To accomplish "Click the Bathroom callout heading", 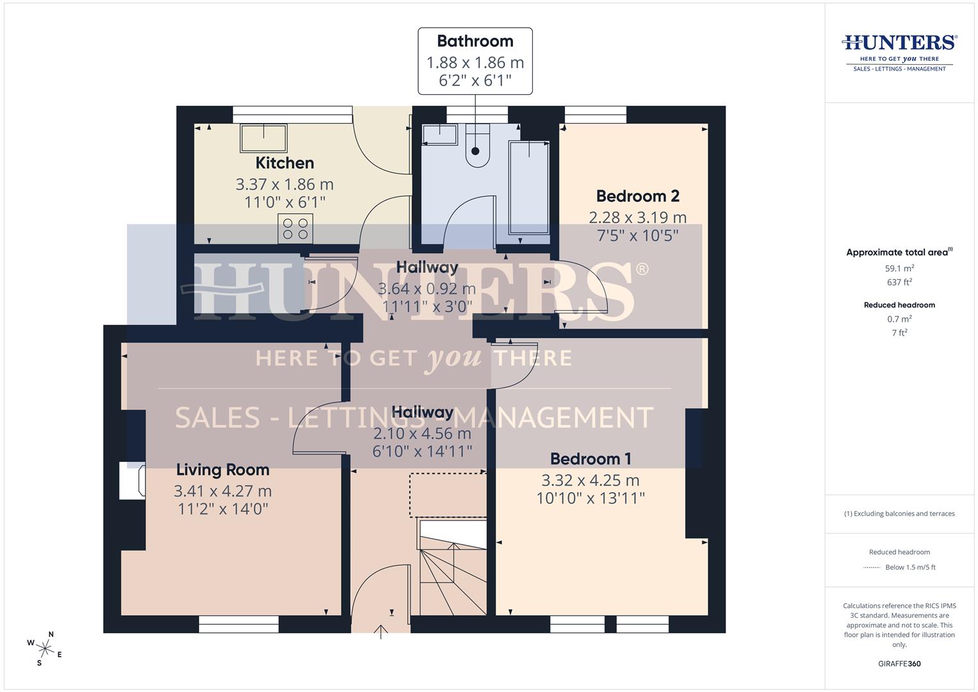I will click(475, 41).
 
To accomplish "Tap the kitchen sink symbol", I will click(263, 138).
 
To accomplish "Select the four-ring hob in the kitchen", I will click(295, 229).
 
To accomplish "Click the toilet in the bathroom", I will click(477, 146).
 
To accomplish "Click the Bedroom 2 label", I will click(637, 196).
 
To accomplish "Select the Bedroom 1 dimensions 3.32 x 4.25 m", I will click(590, 480).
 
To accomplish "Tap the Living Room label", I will click(222, 470).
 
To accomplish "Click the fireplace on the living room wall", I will click(132, 481).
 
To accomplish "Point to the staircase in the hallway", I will click(452, 566).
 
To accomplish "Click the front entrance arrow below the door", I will click(381, 632).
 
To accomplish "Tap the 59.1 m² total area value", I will click(899, 268).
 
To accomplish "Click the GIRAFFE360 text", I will click(899, 664).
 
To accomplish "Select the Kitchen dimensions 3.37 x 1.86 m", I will click(284, 185).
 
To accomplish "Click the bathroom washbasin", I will click(439, 135).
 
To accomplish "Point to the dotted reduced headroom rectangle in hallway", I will click(447, 495).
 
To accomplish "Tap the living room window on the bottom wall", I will click(238, 624).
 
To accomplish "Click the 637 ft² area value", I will click(899, 282).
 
